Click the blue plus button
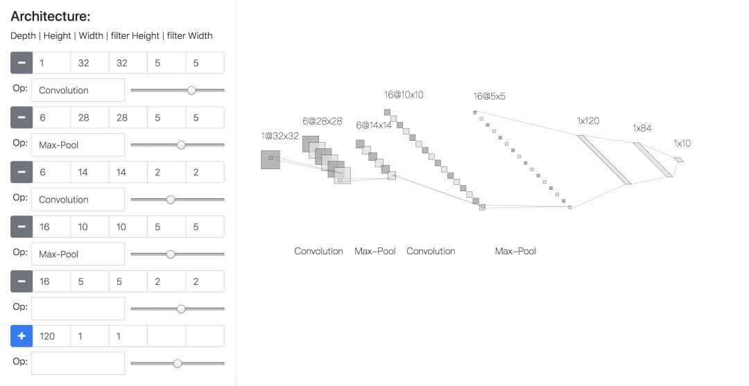click(21, 336)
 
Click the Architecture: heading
click(51, 17)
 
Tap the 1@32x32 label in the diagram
click(279, 136)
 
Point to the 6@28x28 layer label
click(322, 121)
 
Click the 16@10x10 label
click(404, 95)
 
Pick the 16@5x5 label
click(489, 96)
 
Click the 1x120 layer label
click(587, 121)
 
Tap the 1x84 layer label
click(642, 128)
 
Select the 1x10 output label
click(682, 143)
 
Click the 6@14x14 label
click(374, 125)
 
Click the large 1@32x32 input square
click(270, 159)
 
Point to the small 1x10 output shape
click(678, 160)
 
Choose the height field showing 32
click(89, 62)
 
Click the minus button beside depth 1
click(21, 62)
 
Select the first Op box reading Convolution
click(78, 90)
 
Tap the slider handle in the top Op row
click(191, 90)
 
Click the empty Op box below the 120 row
click(78, 363)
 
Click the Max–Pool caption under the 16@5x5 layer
click(515, 251)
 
